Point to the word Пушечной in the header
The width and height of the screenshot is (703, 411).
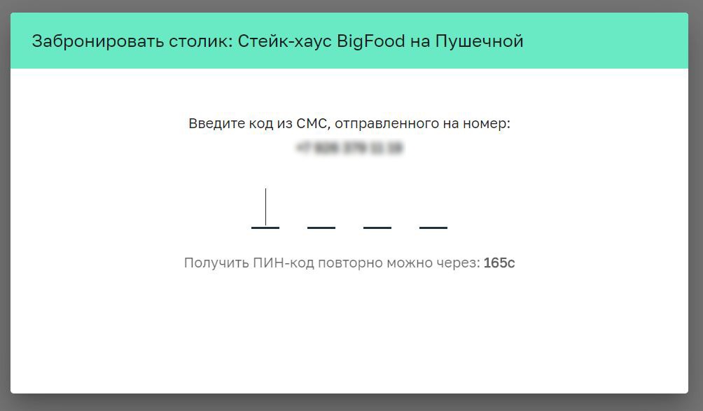[480, 41]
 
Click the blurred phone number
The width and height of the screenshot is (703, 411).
[349, 148]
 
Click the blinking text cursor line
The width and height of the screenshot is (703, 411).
[265, 207]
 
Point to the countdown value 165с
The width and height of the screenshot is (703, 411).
[499, 263]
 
